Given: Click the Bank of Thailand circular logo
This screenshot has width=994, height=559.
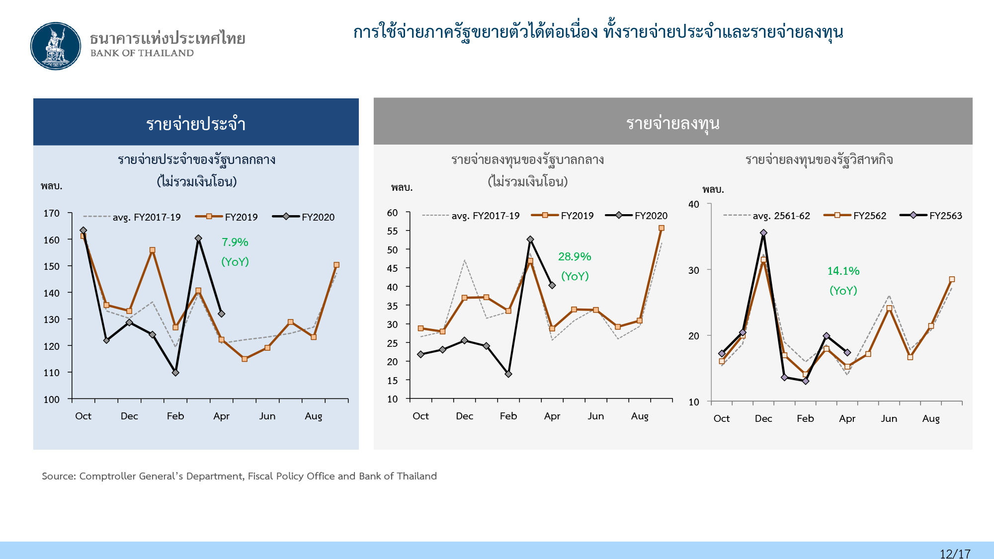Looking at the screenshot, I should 56,46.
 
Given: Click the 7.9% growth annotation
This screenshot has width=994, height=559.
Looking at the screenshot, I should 235,242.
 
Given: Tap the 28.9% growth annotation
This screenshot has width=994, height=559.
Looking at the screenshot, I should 575,257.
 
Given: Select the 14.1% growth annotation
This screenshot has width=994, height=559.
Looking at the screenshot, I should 843,271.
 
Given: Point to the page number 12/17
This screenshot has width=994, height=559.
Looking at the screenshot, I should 955,554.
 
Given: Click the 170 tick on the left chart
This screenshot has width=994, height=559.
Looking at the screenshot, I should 51,214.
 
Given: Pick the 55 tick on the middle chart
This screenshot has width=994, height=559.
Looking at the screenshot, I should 392,231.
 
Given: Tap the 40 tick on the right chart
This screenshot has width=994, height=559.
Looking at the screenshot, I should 693,204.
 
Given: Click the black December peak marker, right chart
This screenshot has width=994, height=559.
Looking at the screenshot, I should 763,233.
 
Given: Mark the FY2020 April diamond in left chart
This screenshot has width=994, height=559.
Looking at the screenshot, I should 221,314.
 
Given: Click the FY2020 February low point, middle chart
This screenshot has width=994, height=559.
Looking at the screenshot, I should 508,374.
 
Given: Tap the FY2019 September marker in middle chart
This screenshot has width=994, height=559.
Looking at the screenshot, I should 661,229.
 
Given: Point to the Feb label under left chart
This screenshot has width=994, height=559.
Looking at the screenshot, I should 175,416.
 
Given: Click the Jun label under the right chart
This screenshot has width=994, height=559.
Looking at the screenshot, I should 889,418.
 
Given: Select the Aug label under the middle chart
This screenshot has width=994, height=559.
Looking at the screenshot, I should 640,416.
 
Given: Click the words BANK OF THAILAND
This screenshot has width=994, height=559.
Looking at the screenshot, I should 142,53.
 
